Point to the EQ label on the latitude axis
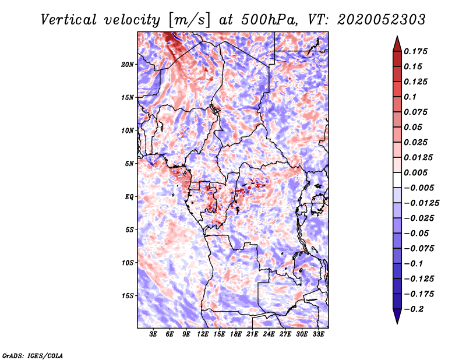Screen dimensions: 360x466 [x=129, y=196]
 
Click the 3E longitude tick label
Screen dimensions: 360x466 [x=154, y=336]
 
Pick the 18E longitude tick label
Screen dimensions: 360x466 [x=236, y=336]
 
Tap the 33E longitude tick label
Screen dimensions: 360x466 [x=318, y=336]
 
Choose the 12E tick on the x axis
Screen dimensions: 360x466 [x=203, y=336]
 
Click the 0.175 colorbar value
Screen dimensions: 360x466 [x=417, y=51]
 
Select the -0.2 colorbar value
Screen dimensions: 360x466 [x=415, y=309]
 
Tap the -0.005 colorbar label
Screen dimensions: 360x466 [x=419, y=188]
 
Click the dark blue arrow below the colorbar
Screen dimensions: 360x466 [x=396, y=317]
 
